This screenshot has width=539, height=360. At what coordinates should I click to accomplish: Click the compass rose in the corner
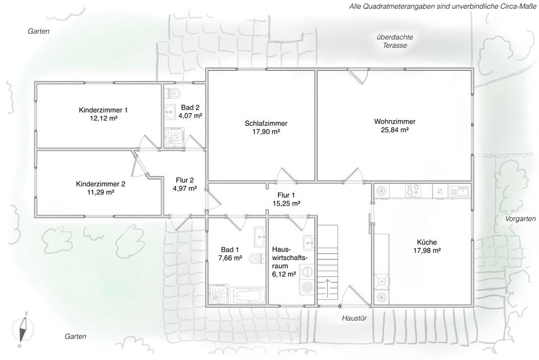point(22,330)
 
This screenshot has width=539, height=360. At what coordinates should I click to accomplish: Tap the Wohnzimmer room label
point(395,121)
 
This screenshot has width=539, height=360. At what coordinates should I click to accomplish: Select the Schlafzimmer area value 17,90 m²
point(266,131)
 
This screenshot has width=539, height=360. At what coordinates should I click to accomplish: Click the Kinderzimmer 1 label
point(103,110)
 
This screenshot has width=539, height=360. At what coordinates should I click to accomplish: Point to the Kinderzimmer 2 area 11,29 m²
point(101,192)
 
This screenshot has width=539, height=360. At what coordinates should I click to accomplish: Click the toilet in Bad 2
point(173,93)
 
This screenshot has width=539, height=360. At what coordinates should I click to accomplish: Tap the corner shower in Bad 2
point(174,138)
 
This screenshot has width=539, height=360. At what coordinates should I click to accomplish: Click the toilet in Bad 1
point(257,258)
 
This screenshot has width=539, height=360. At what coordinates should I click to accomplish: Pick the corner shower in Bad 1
point(218,294)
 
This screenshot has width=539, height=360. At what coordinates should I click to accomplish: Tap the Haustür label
point(354,318)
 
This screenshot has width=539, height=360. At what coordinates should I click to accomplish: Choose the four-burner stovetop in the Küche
point(413,190)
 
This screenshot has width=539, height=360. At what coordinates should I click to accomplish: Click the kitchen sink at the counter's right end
point(460,190)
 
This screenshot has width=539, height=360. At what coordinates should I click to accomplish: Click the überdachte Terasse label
point(395,41)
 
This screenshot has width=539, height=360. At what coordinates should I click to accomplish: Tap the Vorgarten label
point(520,218)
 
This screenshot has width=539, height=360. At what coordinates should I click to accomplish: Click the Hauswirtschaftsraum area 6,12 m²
point(284,274)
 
